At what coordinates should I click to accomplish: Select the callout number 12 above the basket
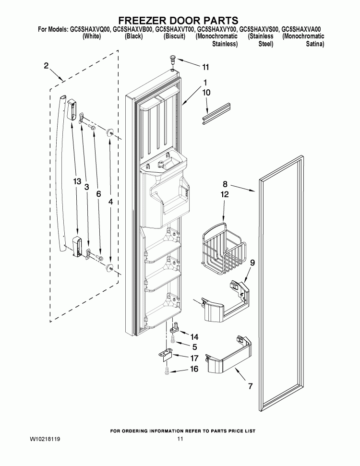225,195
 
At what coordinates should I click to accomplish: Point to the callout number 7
249,385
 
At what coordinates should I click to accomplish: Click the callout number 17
194,358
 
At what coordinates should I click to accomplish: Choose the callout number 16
194,369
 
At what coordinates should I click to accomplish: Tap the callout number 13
77,181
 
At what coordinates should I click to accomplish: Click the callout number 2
46,66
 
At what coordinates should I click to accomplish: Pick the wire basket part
224,248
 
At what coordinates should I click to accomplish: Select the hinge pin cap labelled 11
172,60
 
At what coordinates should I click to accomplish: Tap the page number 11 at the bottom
180,439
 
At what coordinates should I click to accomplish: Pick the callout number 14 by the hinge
194,336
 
